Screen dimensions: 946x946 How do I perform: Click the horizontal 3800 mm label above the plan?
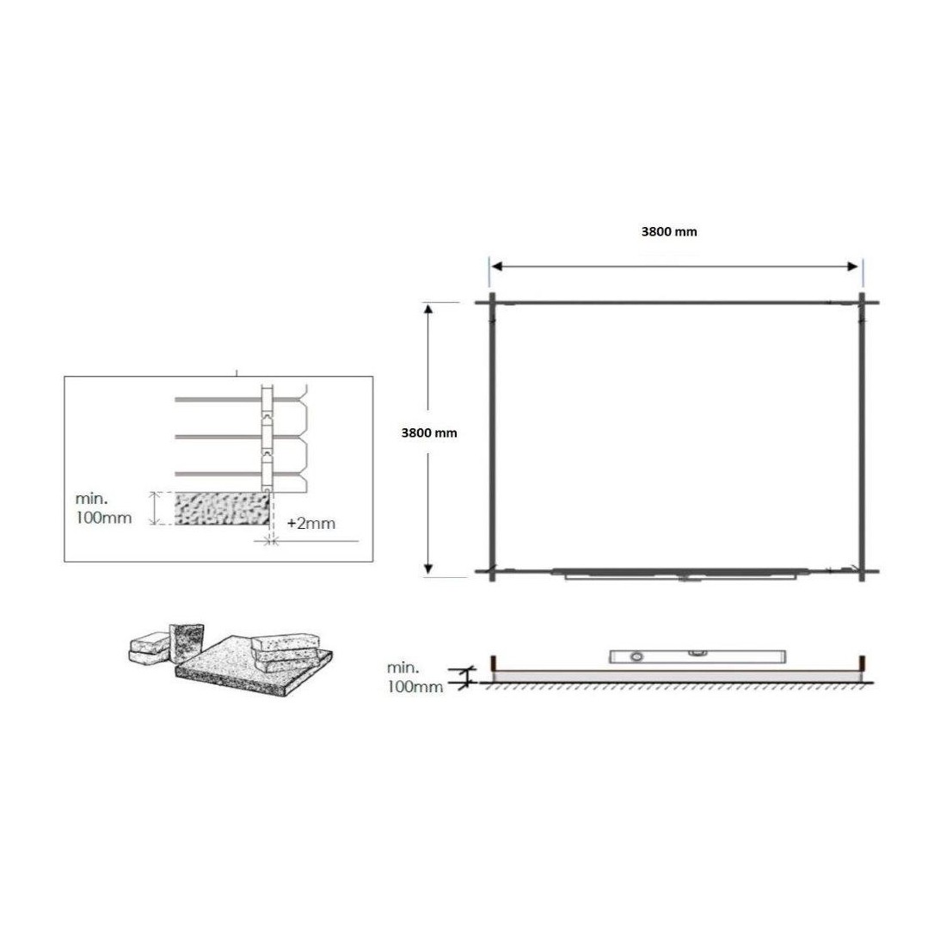tap(668, 231)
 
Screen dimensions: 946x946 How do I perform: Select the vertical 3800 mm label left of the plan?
tap(429, 433)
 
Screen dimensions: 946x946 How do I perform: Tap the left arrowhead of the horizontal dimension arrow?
tap(496, 267)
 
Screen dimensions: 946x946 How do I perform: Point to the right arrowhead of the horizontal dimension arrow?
tap(852, 267)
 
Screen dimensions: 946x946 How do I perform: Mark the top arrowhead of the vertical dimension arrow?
tap(428, 310)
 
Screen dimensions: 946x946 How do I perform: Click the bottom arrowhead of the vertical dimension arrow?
tap(428, 568)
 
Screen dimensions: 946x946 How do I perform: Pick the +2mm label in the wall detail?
tap(310, 523)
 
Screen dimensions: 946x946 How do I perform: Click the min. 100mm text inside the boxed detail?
tap(103, 508)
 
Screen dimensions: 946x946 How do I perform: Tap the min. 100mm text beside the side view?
tap(415, 677)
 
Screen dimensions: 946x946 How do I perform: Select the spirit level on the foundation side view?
tap(697, 656)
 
